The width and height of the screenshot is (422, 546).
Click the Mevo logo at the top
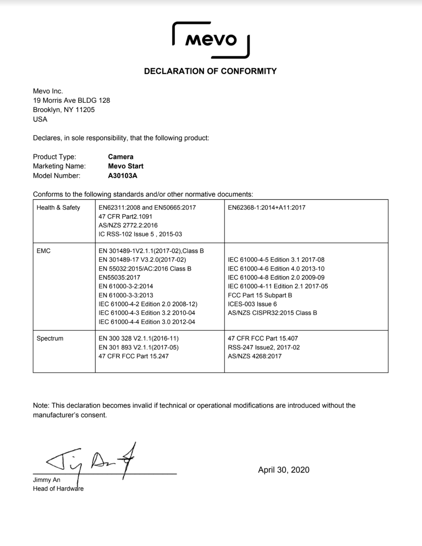coord(211,40)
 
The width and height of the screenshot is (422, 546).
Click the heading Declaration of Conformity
coord(210,71)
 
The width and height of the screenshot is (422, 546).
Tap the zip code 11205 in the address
coord(85,110)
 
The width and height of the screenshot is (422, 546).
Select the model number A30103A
coord(123,176)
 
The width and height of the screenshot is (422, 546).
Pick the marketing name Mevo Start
coord(126,166)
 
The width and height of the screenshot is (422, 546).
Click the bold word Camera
coord(121,157)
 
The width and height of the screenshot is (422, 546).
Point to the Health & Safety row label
coord(58,207)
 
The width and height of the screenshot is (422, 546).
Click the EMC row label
coord(44,251)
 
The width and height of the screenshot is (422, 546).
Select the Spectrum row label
coord(50,338)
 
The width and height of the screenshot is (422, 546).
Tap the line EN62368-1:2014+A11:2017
coord(266,207)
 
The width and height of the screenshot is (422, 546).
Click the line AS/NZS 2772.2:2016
coord(128,225)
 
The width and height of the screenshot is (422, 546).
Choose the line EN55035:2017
coord(119,277)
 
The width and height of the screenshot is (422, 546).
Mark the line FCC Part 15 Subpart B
coord(260,295)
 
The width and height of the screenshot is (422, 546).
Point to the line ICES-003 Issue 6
coord(252,304)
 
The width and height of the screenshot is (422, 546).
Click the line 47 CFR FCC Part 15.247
coord(134,356)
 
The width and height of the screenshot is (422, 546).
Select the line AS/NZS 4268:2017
coord(255,356)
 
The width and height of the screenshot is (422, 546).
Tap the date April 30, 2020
coord(284,470)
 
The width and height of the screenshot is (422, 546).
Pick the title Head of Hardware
coord(58,488)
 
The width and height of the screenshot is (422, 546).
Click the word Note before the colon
coord(41,405)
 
